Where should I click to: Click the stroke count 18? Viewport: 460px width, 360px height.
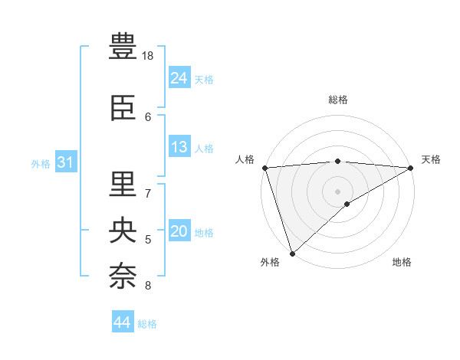coord(148,56)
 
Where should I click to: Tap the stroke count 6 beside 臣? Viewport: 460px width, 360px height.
coord(148,117)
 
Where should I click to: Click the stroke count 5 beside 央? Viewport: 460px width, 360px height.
coord(148,240)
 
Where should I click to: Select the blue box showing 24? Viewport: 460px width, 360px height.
coord(179,78)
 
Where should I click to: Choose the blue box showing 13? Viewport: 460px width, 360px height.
coord(179,147)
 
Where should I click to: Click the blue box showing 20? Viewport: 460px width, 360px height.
coord(179,231)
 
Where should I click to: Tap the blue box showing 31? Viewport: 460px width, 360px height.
coord(65,162)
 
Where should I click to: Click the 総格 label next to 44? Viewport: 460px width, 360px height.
coord(147,324)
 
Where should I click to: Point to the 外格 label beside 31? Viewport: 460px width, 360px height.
coord(41,163)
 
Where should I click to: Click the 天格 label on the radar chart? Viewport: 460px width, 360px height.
coord(431,159)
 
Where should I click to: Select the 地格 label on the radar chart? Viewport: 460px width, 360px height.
coord(402,262)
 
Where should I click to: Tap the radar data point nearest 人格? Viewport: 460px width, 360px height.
coord(264,168)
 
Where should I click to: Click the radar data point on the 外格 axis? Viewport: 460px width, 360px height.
coord(292,253)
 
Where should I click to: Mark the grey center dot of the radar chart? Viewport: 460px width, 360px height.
coord(337,191)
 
